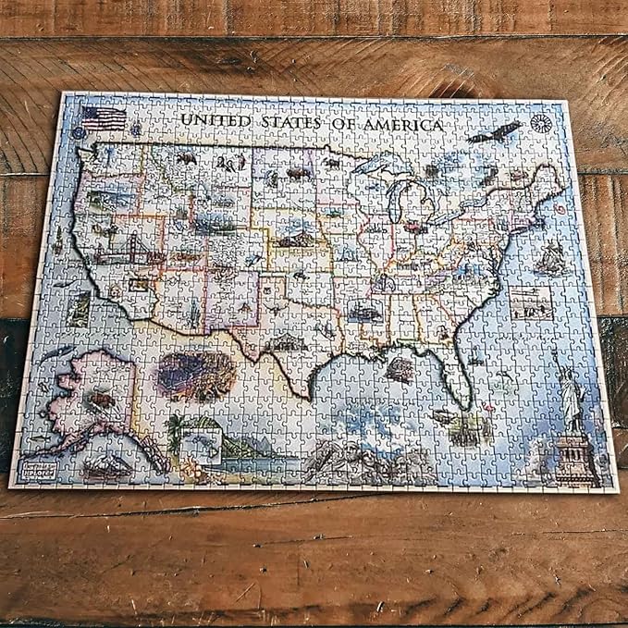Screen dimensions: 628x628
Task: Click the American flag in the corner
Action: pyautogui.click(x=104, y=117)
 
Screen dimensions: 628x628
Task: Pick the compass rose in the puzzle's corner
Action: pyautogui.click(x=542, y=123)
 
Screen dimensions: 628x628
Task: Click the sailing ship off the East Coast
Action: pyautogui.click(x=552, y=258)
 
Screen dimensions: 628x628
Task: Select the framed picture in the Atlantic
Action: pyautogui.click(x=530, y=302)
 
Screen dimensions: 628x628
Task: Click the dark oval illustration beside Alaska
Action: pyautogui.click(x=195, y=374)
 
